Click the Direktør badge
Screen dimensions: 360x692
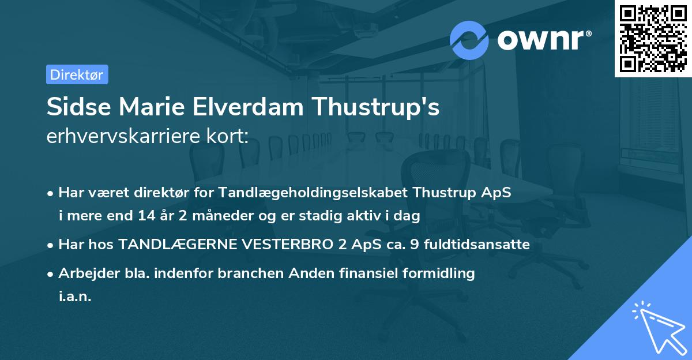[77, 74]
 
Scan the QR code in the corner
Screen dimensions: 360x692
[652, 38]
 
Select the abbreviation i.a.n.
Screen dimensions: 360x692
[75, 297]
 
